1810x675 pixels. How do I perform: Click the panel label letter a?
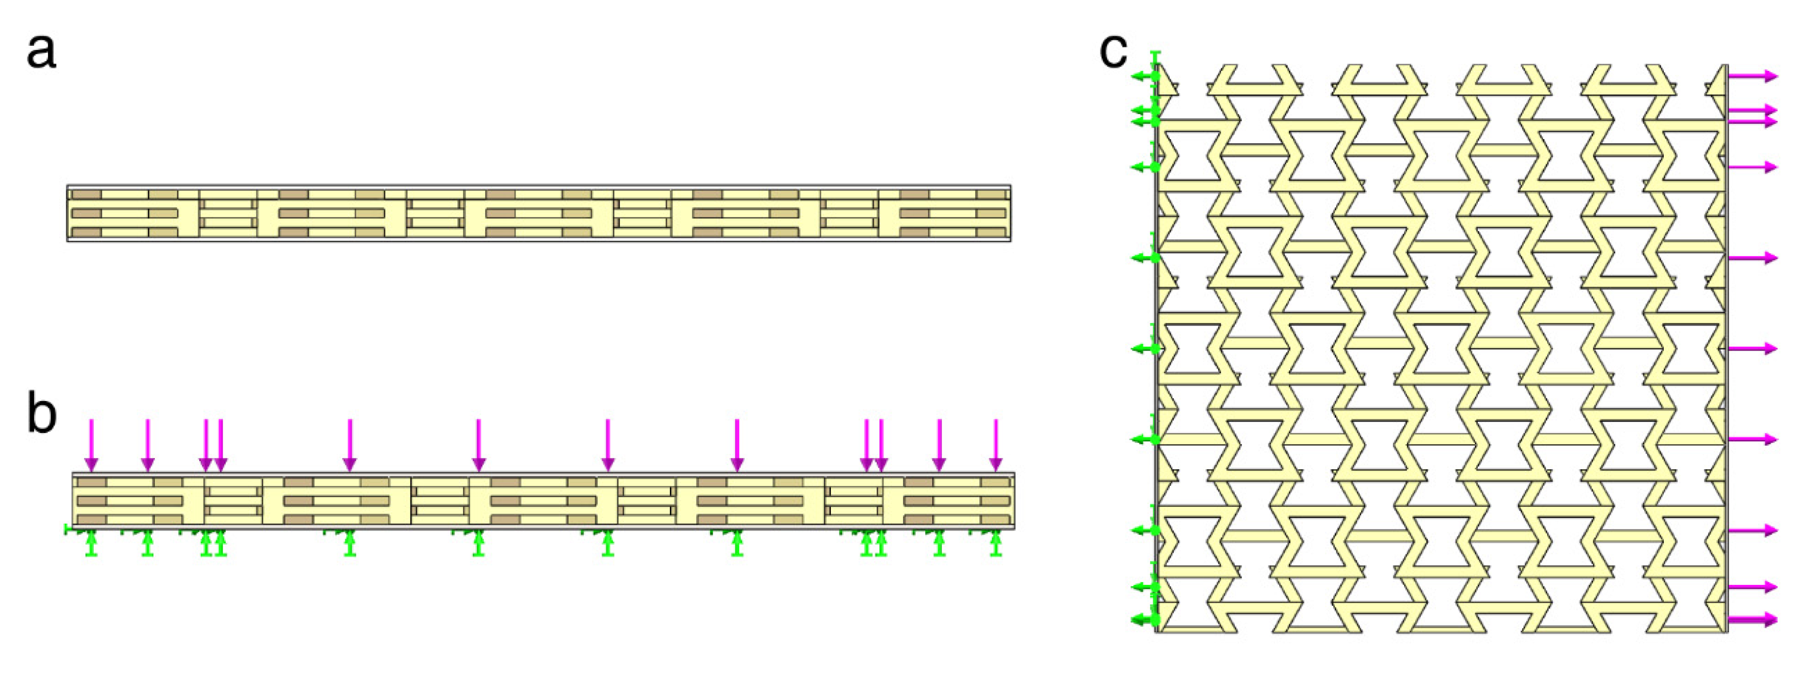(x=41, y=52)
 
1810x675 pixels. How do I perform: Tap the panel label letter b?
(x=41, y=414)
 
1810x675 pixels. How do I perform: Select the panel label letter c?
(x=1113, y=50)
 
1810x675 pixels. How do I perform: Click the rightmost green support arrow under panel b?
(x=995, y=543)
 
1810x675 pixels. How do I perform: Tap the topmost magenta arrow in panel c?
(x=1752, y=76)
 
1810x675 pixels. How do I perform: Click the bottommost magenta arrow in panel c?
(x=1752, y=619)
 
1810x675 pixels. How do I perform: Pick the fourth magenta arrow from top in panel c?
(x=1752, y=167)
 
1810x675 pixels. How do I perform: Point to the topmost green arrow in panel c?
(x=1144, y=76)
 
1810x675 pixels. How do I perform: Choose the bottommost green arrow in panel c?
(x=1144, y=619)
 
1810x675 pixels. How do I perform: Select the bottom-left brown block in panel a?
(x=87, y=232)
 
